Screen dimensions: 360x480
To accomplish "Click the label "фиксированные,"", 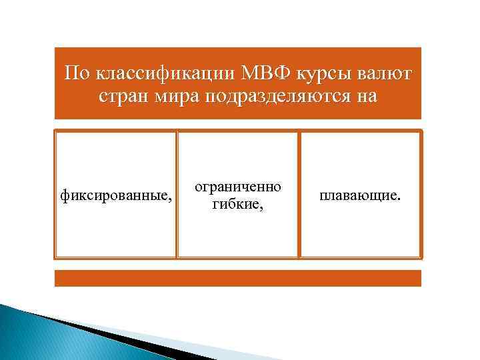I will point(115,196).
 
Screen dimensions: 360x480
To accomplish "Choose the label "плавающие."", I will point(360,196).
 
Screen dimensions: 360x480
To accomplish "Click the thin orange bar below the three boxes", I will point(238,278).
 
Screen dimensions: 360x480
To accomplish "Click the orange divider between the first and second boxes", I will point(177,194).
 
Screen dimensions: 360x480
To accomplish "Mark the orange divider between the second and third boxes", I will point(299,194).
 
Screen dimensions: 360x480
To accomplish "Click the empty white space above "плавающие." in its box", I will point(360,160).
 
